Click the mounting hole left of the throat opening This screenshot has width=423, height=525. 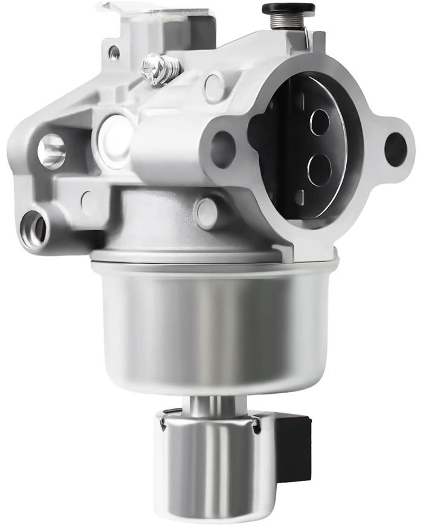(223, 149)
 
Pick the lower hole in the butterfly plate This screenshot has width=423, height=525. (318, 164)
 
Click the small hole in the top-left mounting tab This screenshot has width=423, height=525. (114, 53)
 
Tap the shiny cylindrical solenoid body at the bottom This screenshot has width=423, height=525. (208, 465)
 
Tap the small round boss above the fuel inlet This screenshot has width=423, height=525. (88, 202)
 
